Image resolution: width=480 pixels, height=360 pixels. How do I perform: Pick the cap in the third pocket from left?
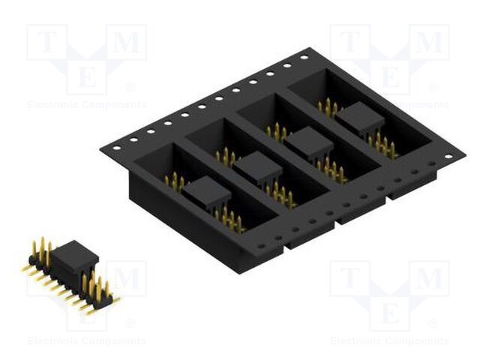[x=309, y=140]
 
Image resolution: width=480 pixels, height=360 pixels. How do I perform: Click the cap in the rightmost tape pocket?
[x=359, y=118]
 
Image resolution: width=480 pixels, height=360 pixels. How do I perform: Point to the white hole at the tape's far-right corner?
[x=448, y=157]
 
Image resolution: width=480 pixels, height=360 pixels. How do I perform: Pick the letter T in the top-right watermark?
[x=348, y=43]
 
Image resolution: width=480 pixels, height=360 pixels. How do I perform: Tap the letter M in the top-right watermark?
[x=430, y=43]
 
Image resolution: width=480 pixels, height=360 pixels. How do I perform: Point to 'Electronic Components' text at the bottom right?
[x=389, y=341]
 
